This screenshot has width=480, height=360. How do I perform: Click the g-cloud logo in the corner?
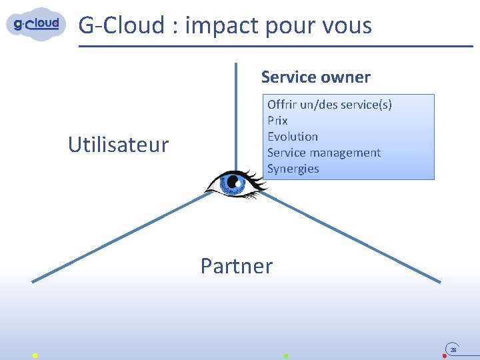coord(37,24)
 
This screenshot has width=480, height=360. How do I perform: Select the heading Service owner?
coord(315,77)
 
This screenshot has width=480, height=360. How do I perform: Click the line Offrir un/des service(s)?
coord(329,105)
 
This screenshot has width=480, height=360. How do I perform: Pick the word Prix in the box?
coord(277,121)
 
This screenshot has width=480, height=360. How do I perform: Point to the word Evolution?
coord(293,137)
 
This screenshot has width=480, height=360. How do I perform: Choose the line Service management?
coord(324,153)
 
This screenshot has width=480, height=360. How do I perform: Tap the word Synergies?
coord(293,169)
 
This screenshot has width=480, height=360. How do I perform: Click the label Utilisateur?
coord(119,145)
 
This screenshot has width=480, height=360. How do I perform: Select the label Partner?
coord(237,266)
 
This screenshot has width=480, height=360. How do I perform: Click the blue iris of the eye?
coord(233,182)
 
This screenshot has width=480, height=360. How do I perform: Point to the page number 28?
coord(453,349)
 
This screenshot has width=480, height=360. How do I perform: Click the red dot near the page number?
coord(445,356)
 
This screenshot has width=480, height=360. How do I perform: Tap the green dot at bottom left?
coord(35,356)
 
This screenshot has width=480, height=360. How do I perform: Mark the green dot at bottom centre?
coord(286,356)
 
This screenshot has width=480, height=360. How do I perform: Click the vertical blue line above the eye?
coord(235,113)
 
